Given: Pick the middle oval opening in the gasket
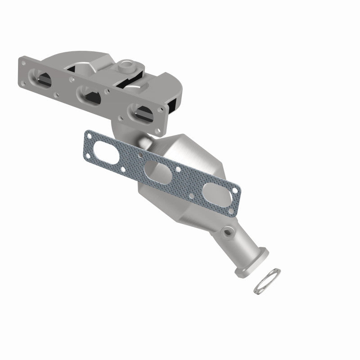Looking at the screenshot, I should [154, 172].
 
